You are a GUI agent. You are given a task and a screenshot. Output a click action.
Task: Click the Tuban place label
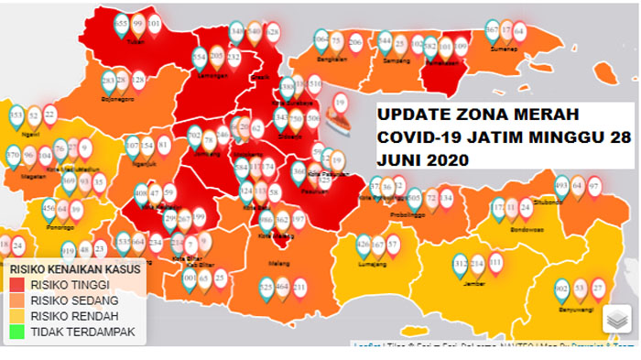(x=137, y=41)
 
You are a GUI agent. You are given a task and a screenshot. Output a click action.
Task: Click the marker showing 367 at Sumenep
(x=492, y=29)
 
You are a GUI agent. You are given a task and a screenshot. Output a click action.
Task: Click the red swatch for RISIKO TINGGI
(x=16, y=285)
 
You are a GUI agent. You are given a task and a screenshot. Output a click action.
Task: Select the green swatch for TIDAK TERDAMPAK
(x=16, y=332)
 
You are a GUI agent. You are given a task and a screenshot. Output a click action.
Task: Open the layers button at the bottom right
(x=616, y=320)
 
